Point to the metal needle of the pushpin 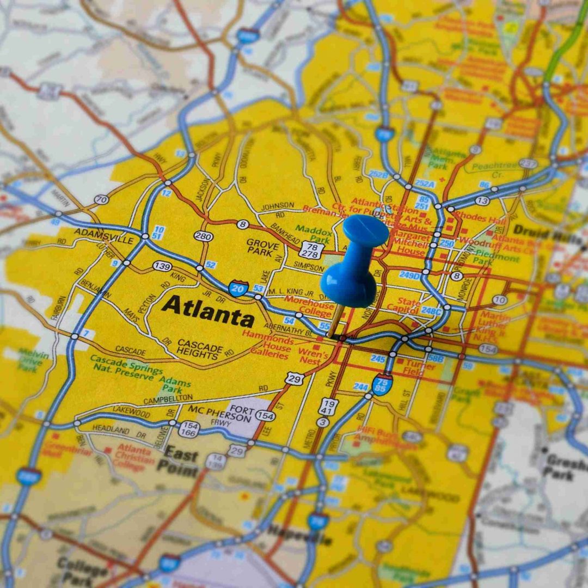[x=335, y=321]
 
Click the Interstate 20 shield [x=238, y=287]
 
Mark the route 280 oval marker [x=204, y=236]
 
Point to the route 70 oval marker [x=101, y=200]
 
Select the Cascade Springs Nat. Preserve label [x=126, y=364]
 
